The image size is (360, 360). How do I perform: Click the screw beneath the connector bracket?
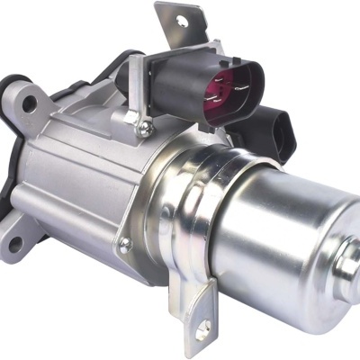pos(145,131)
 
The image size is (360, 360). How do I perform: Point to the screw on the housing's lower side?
pos(124,243)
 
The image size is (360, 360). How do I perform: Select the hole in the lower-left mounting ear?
pos(16,241)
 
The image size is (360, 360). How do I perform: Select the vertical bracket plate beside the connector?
pos(135,90)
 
